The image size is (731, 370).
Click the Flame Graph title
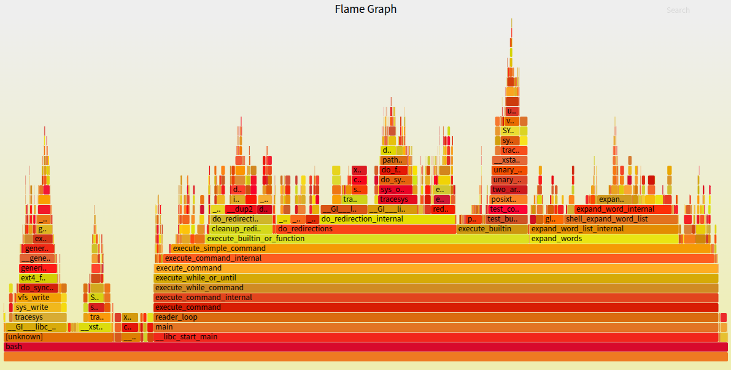click(365, 9)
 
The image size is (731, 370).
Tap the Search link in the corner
click(678, 10)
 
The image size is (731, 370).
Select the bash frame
click(365, 347)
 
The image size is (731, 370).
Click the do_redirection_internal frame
click(387, 219)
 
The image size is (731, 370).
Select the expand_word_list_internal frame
click(604, 229)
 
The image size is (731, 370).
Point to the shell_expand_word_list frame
click(621, 219)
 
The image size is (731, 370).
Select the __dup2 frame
click(240, 209)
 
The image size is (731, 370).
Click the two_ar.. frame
click(509, 190)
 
